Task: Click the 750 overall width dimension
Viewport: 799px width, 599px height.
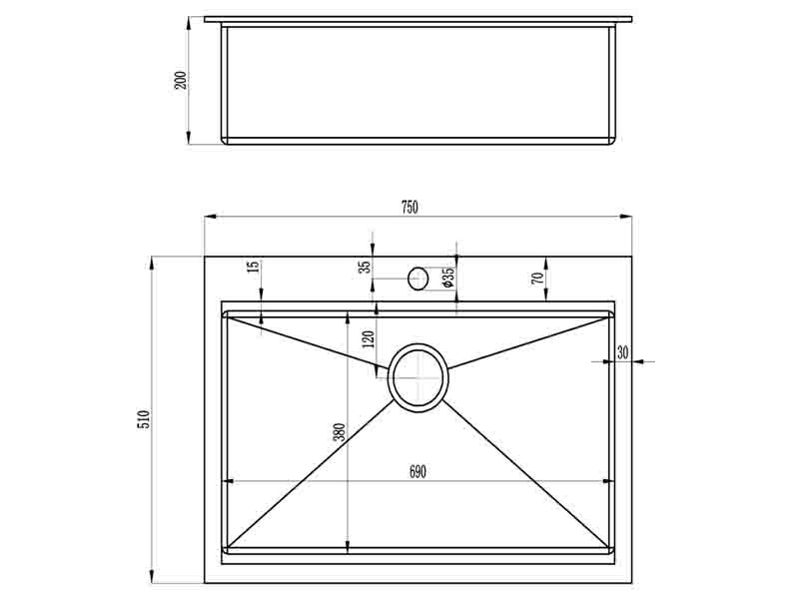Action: pyautogui.click(x=409, y=208)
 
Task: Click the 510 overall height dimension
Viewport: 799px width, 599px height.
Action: pyautogui.click(x=144, y=418)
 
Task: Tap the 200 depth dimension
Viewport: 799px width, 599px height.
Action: pyautogui.click(x=182, y=80)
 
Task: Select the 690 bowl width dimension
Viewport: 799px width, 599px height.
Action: pyautogui.click(x=417, y=472)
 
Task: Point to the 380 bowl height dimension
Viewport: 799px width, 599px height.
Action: pyautogui.click(x=340, y=432)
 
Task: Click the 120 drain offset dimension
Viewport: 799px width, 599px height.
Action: pyautogui.click(x=369, y=338)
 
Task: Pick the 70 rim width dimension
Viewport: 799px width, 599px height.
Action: pyautogui.click(x=536, y=279)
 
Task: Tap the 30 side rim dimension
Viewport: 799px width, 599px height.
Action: pyautogui.click(x=622, y=352)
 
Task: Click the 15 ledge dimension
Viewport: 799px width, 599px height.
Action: pyautogui.click(x=254, y=266)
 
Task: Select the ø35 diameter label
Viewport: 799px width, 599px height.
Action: pyautogui.click(x=448, y=279)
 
